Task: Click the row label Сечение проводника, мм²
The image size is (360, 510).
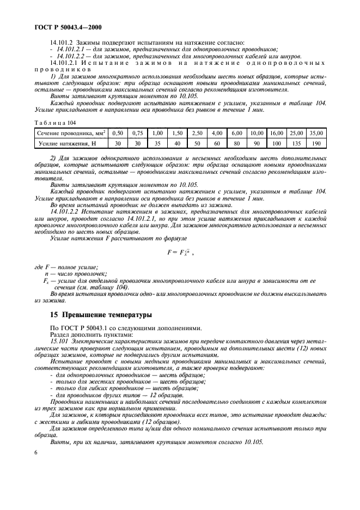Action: [x=71, y=133]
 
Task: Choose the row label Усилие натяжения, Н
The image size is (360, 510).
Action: [x=71, y=143]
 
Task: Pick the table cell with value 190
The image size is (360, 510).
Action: [x=316, y=143]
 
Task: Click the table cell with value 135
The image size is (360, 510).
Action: [x=296, y=143]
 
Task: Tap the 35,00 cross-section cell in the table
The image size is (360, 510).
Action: [x=316, y=133]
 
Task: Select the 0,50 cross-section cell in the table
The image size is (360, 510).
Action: [x=117, y=133]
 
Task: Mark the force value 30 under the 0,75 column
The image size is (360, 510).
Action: [x=137, y=143]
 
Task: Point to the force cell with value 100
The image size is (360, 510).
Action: [x=276, y=143]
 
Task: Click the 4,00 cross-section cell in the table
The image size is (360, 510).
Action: [x=217, y=133]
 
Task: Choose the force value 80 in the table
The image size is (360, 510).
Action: [x=236, y=143]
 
